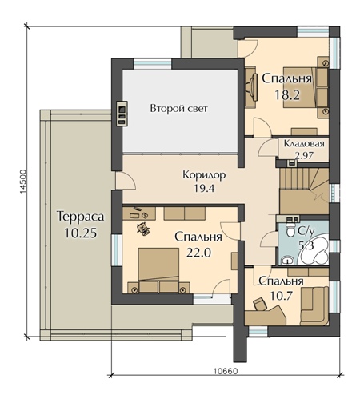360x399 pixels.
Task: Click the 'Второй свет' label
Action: coord(178,109)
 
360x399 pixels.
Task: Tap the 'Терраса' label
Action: coord(80,217)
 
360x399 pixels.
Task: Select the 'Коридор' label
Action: coord(204,175)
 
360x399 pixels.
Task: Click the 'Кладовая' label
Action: coord(304,143)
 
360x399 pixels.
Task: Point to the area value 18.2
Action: coord(287,94)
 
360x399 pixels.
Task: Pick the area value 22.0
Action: coord(198,253)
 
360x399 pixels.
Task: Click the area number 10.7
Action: coord(281,295)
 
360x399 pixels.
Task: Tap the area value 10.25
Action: coord(80,233)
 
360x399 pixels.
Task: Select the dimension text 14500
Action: coord(23,181)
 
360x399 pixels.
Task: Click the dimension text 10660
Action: coord(226,371)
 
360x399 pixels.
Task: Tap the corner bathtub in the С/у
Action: coord(314,250)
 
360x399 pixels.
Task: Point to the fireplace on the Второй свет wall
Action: coord(122,113)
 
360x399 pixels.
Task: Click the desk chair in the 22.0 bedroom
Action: coord(142,229)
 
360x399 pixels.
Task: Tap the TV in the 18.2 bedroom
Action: coord(254,87)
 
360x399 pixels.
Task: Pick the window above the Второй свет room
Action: coord(153,64)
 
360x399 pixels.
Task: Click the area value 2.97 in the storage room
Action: coord(304,155)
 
